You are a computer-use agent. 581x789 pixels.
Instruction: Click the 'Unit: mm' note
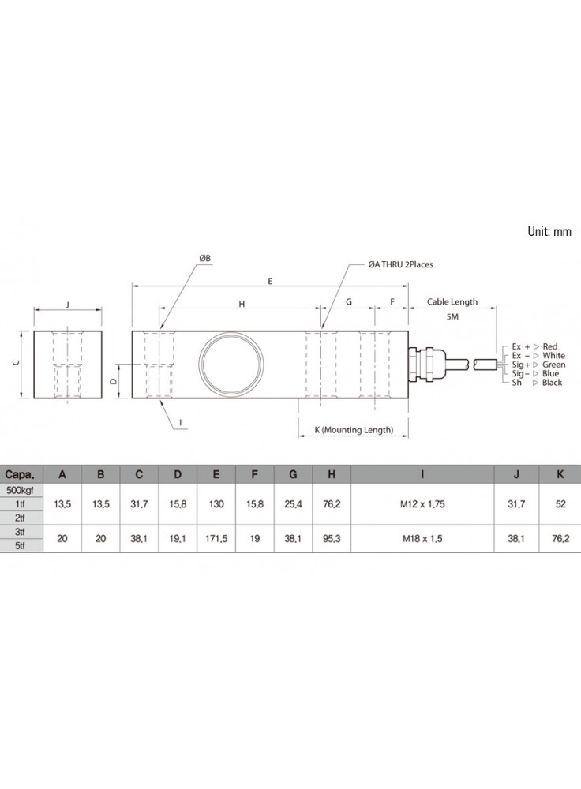549,231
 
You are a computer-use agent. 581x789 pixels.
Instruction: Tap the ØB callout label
204,258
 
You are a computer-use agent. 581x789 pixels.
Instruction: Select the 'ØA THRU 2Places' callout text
400,264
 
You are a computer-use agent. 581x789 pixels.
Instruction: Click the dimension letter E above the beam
270,281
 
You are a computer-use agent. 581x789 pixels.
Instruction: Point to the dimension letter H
242,304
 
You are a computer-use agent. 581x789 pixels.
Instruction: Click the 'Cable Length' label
452,302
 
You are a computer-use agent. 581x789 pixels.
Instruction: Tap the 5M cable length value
452,317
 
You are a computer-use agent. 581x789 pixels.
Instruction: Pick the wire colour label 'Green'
554,365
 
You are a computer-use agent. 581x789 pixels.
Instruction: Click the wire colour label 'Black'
552,383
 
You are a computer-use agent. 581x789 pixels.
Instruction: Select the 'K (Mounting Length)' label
354,430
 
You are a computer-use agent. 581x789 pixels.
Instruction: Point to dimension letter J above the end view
67,305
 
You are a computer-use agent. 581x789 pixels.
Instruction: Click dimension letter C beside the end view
16,363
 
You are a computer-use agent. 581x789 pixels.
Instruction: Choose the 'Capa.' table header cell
21,474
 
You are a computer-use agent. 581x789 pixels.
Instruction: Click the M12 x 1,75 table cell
422,503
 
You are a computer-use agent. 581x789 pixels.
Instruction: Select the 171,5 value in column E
216,538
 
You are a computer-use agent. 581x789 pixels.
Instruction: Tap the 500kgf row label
21,490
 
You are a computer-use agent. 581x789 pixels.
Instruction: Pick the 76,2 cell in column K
560,538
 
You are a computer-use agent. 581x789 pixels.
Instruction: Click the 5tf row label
21,545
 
